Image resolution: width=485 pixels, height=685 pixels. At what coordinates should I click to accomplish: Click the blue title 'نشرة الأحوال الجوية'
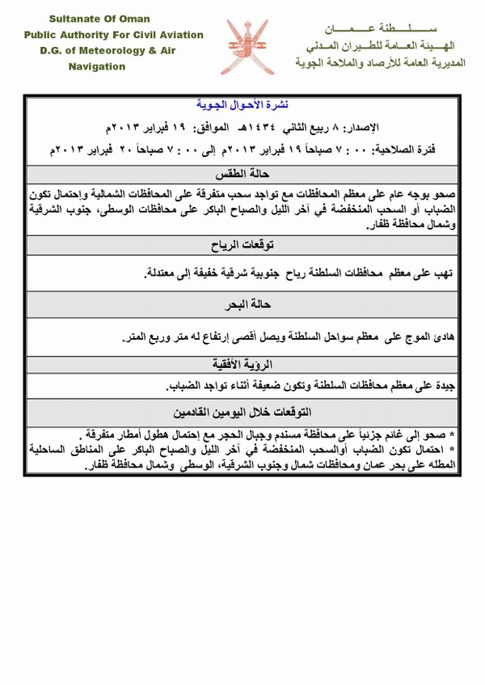242,106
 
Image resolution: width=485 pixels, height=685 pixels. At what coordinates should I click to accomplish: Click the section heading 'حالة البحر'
242,305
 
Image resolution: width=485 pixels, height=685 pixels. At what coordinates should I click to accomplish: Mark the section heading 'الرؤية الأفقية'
242,363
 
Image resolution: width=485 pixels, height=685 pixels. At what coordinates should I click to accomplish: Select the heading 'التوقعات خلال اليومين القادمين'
242,411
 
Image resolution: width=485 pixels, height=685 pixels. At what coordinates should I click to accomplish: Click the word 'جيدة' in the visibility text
445,385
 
